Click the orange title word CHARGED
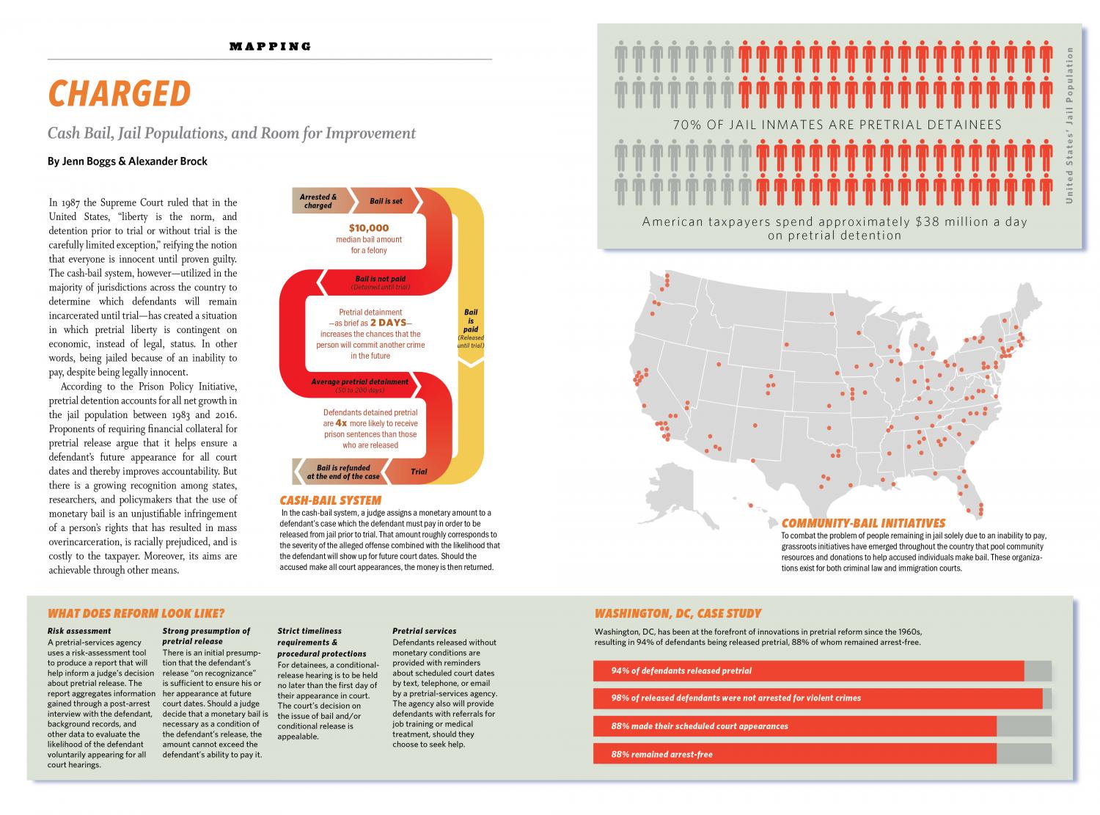click(x=119, y=93)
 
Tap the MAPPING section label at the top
click(x=270, y=46)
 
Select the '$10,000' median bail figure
click(x=368, y=228)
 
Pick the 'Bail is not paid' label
click(x=380, y=279)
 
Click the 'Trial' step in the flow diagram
click(x=419, y=472)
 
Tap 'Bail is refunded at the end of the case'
click(x=343, y=472)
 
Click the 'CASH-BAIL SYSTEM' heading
click(x=330, y=501)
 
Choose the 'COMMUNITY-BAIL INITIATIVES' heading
click(x=863, y=524)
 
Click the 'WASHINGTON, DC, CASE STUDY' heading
click(x=678, y=613)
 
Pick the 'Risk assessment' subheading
click(x=79, y=631)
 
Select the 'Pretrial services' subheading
click(x=424, y=631)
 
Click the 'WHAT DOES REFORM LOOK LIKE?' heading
click(x=136, y=613)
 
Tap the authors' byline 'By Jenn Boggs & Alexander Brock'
click(x=128, y=161)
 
